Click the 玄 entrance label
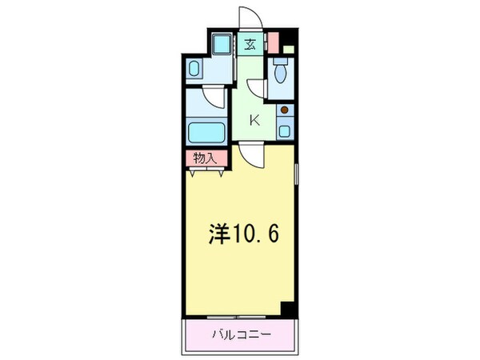[250, 46]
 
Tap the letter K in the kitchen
[255, 121]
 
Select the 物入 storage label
[206, 158]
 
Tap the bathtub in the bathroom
[206, 131]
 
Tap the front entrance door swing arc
[250, 16]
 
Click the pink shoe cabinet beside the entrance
[272, 42]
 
